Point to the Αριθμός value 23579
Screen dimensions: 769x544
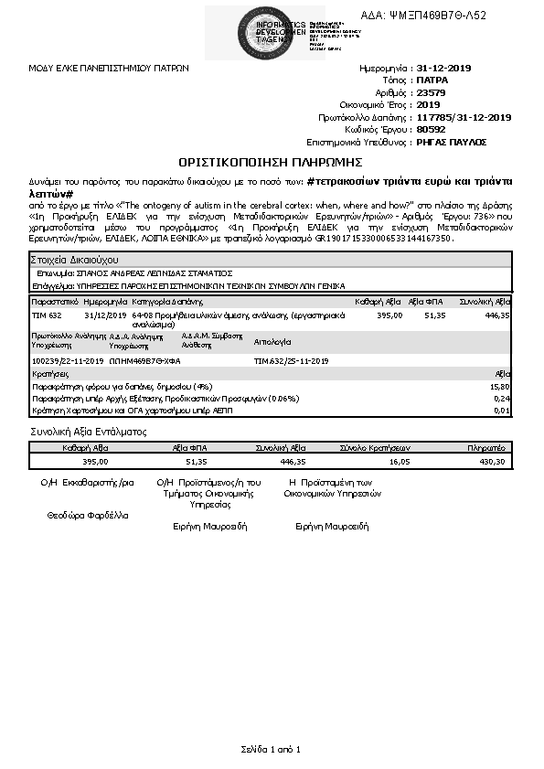point(431,92)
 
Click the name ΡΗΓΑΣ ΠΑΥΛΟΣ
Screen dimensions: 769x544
point(451,142)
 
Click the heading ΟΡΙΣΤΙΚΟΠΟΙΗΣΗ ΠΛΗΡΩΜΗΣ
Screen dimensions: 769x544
point(270,162)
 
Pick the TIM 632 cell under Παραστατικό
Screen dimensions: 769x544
point(47,314)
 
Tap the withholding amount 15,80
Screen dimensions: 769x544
point(501,387)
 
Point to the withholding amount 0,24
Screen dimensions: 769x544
point(503,399)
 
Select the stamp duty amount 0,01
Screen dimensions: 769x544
point(503,411)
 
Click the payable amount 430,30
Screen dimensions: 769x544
point(492,462)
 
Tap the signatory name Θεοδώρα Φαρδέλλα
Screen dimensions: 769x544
point(88,515)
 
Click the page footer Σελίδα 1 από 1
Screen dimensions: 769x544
point(271,749)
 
